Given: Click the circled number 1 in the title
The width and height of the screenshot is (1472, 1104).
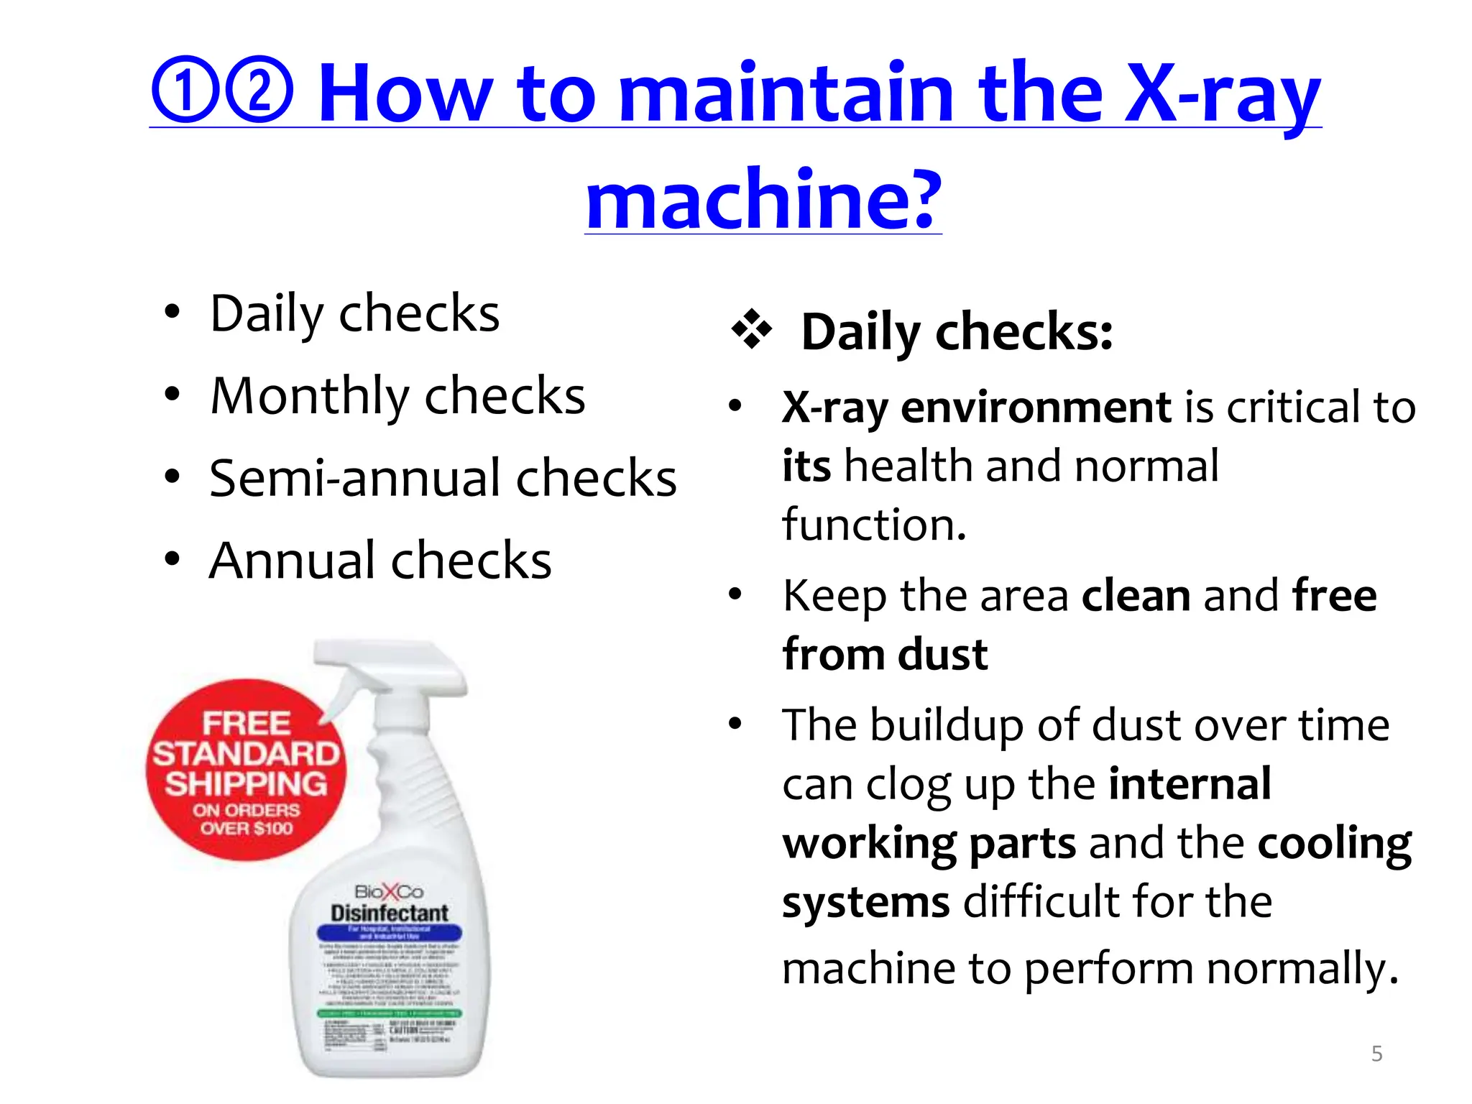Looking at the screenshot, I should pyautogui.click(x=185, y=90).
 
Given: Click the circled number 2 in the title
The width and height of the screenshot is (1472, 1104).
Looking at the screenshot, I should pyautogui.click(x=259, y=90).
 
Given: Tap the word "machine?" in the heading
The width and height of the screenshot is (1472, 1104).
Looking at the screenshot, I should pyautogui.click(x=763, y=198).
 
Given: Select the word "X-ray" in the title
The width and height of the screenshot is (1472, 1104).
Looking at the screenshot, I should pyautogui.click(x=1222, y=93).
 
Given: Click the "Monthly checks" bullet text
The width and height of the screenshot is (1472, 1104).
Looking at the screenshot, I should pyautogui.click(x=397, y=395).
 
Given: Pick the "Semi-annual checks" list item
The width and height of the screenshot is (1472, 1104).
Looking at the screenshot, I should pyautogui.click(x=443, y=478).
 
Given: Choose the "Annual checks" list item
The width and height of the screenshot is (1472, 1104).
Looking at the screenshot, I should pyautogui.click(x=380, y=561).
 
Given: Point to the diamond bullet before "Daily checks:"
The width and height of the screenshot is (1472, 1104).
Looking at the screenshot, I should pyautogui.click(x=751, y=330).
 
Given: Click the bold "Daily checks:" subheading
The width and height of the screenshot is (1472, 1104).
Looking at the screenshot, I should pyautogui.click(x=957, y=332).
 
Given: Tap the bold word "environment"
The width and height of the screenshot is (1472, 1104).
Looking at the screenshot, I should pyautogui.click(x=1036, y=407).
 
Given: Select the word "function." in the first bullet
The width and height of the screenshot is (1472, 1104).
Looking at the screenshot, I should pyautogui.click(x=874, y=524).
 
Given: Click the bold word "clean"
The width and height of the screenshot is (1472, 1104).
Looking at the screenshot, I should pyautogui.click(x=1136, y=595).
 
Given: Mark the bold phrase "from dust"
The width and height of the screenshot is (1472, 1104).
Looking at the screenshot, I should pyautogui.click(x=885, y=654).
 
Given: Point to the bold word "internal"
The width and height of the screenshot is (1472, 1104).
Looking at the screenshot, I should pyautogui.click(x=1190, y=783).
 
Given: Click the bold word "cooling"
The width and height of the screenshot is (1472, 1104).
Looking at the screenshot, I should pyautogui.click(x=1335, y=842).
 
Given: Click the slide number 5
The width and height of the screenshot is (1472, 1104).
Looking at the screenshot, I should pyautogui.click(x=1376, y=1054).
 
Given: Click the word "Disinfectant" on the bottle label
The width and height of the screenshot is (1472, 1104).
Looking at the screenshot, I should pyautogui.click(x=390, y=913).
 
